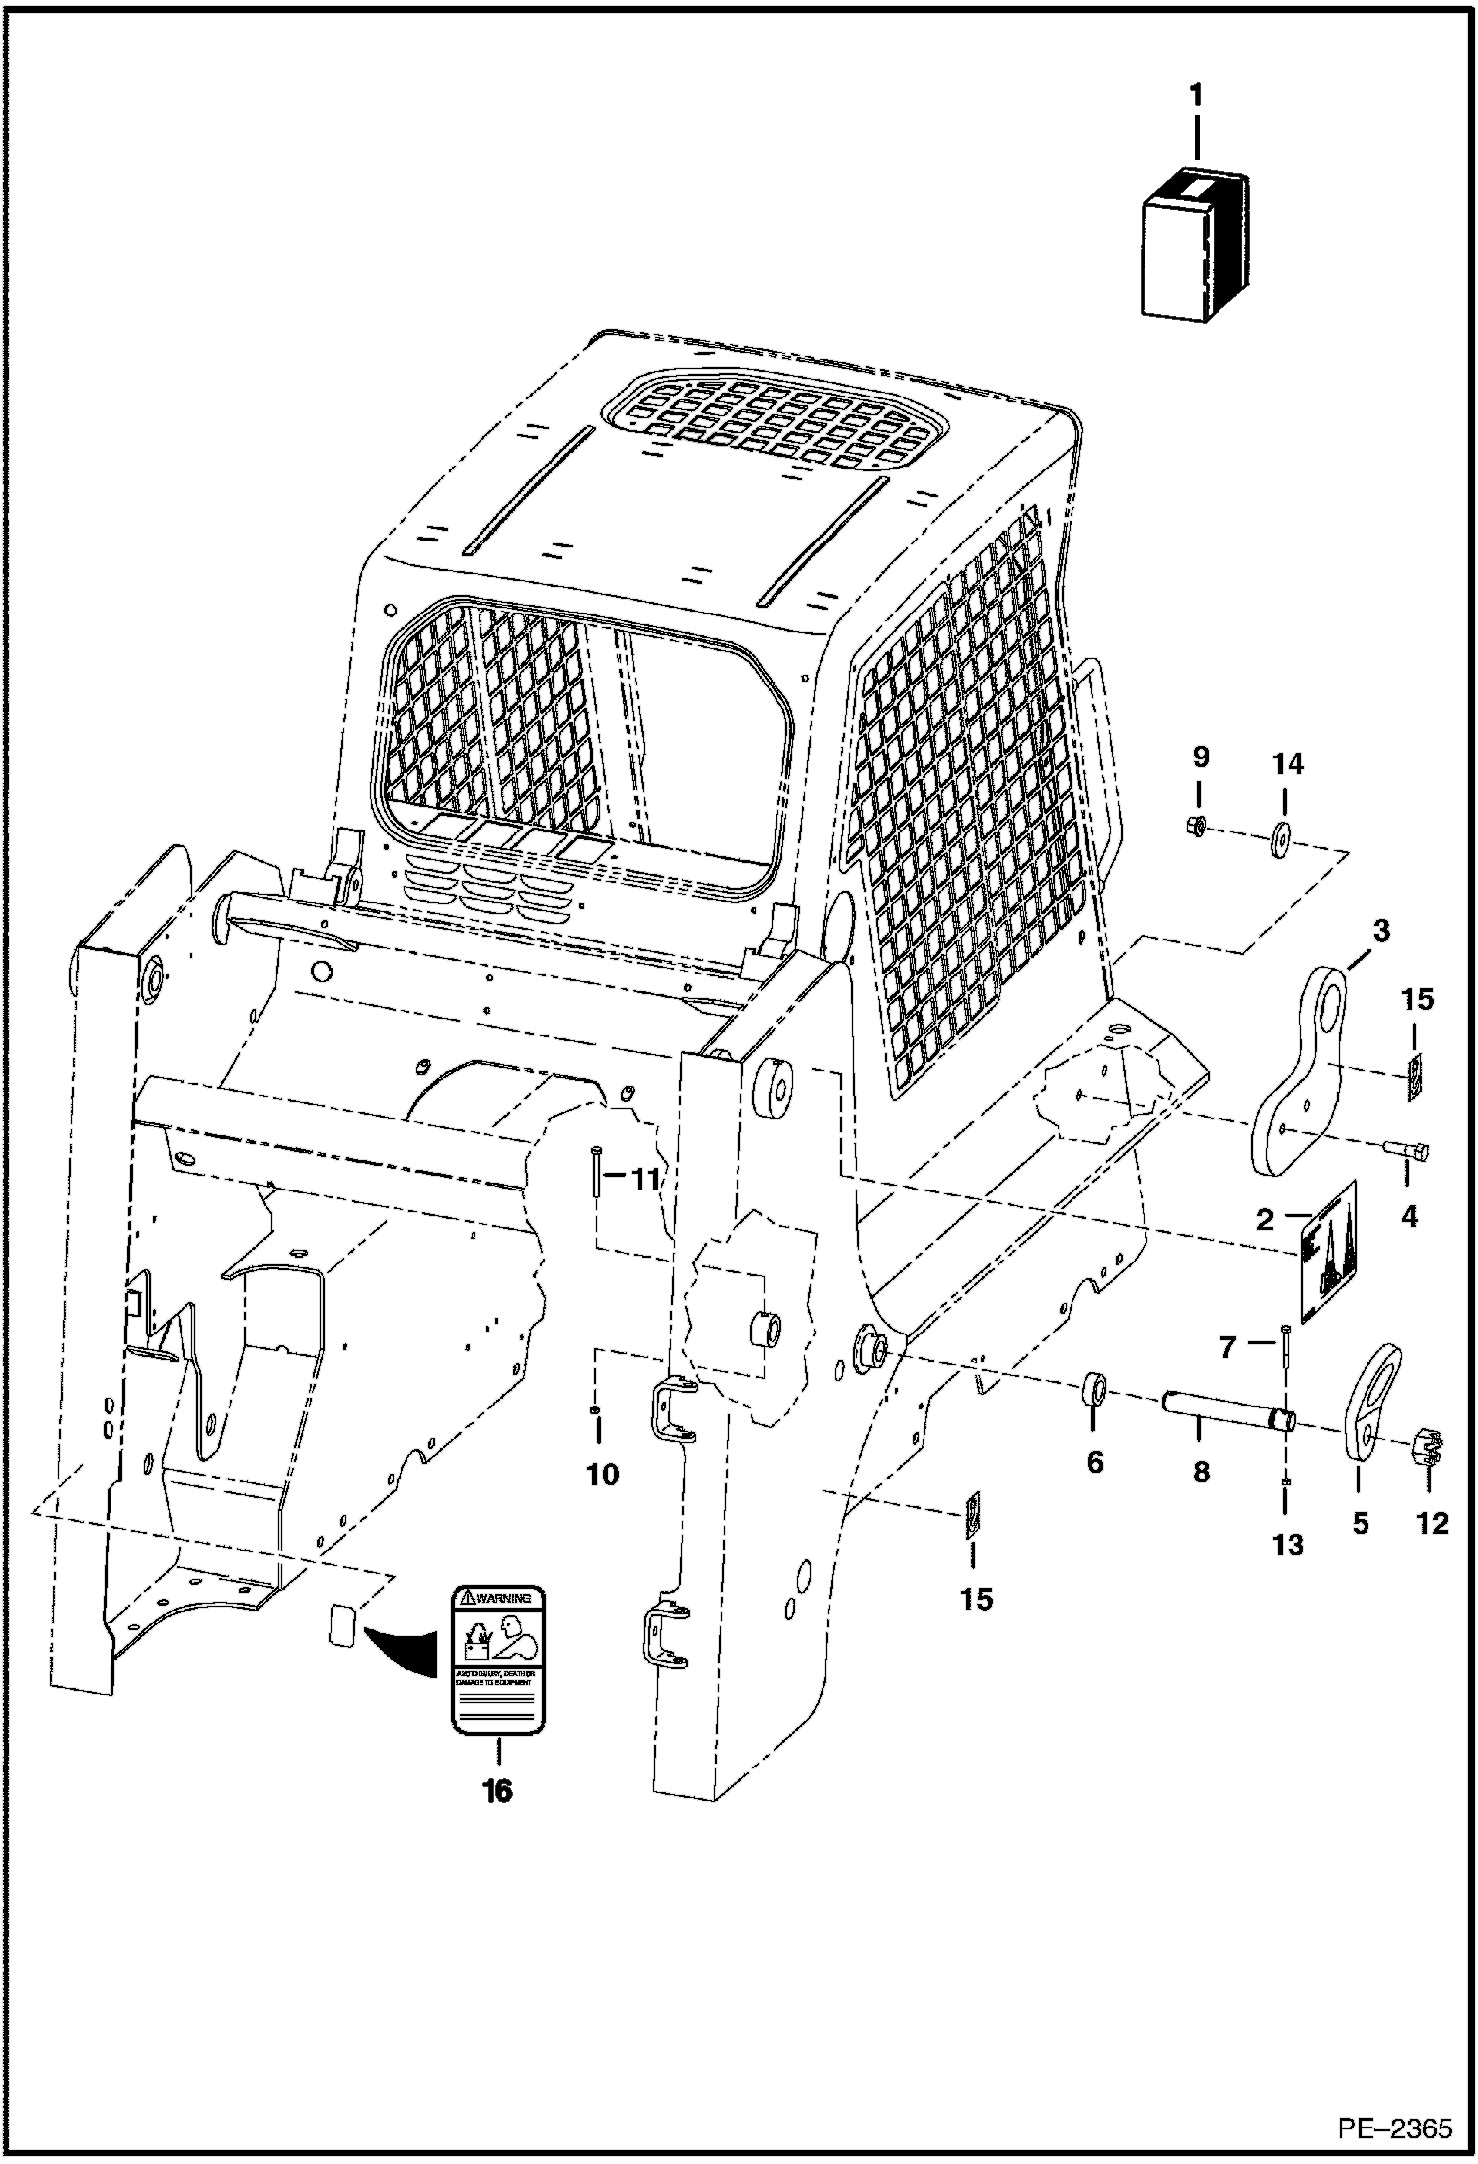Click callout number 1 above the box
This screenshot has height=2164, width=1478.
tap(1196, 97)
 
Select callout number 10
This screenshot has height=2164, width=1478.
tap(603, 1475)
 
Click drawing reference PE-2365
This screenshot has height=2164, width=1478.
tap(1394, 2128)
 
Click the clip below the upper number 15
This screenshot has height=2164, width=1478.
tap(1414, 1075)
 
